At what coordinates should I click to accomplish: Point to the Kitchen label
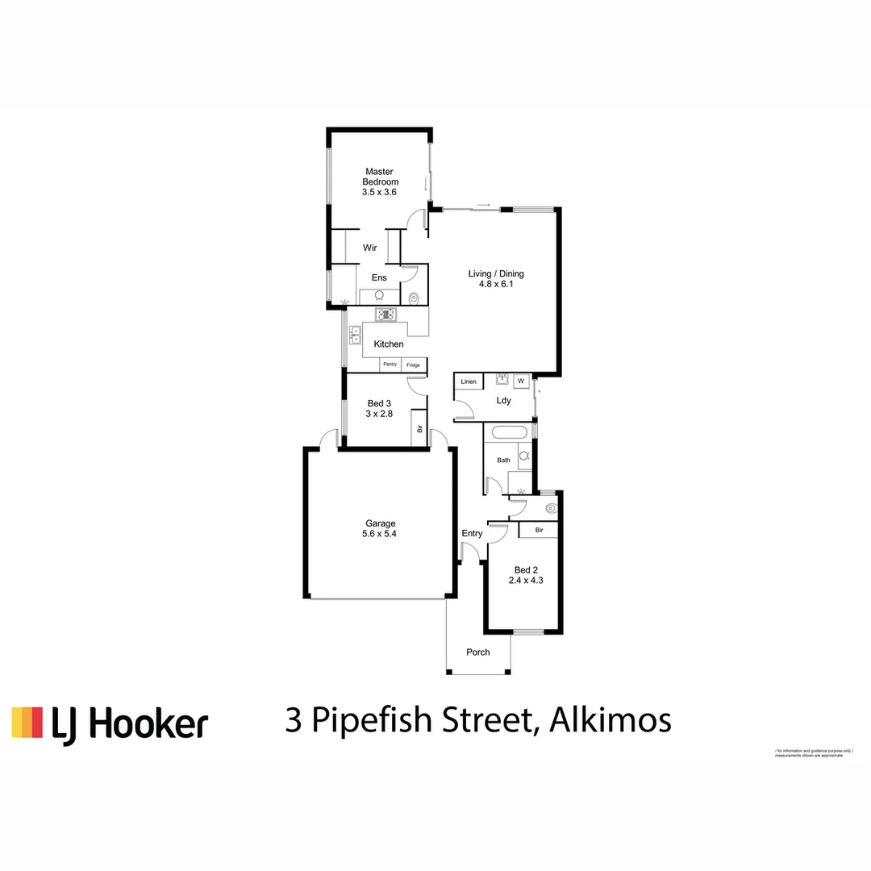(x=389, y=344)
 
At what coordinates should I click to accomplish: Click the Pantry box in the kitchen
(x=390, y=365)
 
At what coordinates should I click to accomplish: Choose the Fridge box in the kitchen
(x=413, y=365)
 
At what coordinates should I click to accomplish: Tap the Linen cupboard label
(x=469, y=381)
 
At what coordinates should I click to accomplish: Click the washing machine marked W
(x=521, y=381)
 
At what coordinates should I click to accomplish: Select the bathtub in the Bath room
(x=508, y=431)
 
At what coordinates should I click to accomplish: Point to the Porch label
(x=478, y=652)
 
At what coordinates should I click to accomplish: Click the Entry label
(x=472, y=533)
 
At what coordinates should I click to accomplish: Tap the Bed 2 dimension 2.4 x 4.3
(x=525, y=580)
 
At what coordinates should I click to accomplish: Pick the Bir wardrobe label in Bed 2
(x=539, y=530)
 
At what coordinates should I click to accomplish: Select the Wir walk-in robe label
(x=370, y=248)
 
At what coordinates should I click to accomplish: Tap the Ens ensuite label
(x=379, y=277)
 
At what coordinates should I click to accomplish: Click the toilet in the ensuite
(x=415, y=298)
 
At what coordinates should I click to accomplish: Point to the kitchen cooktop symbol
(x=386, y=315)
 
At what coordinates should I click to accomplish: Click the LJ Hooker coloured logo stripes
(x=27, y=723)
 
